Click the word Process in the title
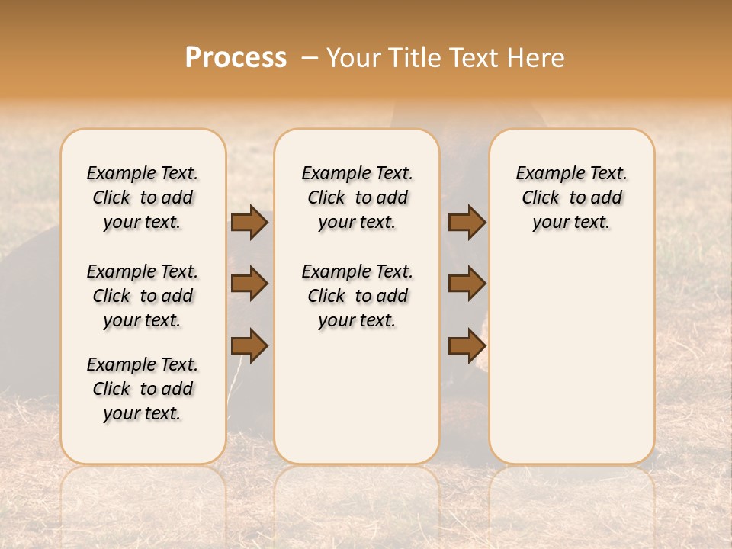(x=236, y=58)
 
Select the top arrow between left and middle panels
(x=249, y=223)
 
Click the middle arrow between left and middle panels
(x=249, y=284)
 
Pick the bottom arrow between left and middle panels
(x=249, y=346)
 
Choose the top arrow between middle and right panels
(x=467, y=223)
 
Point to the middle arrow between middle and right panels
(x=467, y=284)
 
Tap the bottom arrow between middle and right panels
(x=467, y=346)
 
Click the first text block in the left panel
(x=143, y=197)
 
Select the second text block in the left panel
(x=143, y=296)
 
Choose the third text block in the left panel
(x=143, y=389)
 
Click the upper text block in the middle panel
(x=358, y=197)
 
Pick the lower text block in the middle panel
(x=358, y=296)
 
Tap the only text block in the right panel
(x=572, y=197)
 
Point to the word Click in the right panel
(x=541, y=198)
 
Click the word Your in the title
(x=352, y=58)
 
